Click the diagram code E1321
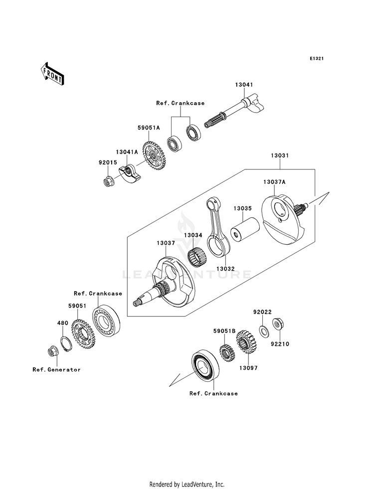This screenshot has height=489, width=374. (316, 58)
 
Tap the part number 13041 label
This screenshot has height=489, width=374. (244, 85)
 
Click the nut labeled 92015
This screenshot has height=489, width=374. (108, 181)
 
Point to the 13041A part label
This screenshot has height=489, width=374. (127, 152)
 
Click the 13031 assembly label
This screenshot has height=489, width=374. (279, 156)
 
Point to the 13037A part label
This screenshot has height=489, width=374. (274, 182)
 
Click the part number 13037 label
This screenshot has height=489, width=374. (166, 243)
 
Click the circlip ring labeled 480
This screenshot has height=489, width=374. (66, 343)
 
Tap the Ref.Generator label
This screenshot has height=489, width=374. (56, 369)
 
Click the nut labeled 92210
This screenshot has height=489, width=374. (277, 324)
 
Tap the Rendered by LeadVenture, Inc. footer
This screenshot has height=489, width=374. (187, 485)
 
